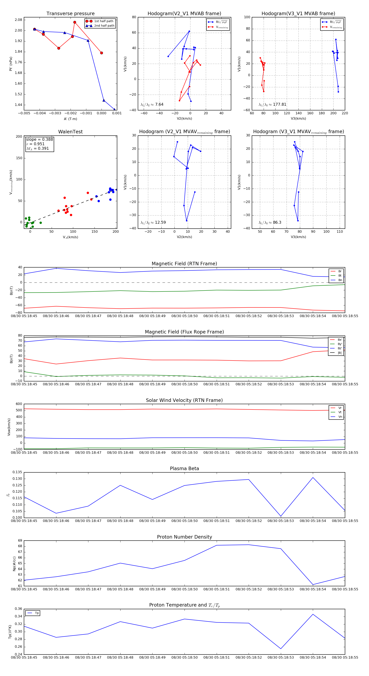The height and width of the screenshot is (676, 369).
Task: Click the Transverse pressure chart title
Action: point(70,14)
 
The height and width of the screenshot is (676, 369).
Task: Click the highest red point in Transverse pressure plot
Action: point(75,22)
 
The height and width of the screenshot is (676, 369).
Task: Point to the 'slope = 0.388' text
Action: point(39,139)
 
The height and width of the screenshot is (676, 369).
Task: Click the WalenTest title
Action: point(70,132)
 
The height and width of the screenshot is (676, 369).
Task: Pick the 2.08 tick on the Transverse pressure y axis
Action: point(18,20)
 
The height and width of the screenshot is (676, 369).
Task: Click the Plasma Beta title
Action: point(184,468)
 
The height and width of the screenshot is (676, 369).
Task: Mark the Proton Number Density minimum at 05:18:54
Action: point(313,585)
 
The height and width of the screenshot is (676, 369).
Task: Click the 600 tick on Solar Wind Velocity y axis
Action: point(19,404)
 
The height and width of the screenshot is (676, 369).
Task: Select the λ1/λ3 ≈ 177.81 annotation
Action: point(272,104)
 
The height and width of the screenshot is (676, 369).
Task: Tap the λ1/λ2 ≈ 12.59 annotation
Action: point(153,222)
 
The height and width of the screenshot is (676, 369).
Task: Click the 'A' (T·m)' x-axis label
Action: point(70,119)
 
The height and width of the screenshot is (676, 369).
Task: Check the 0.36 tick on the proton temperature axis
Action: point(18,609)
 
